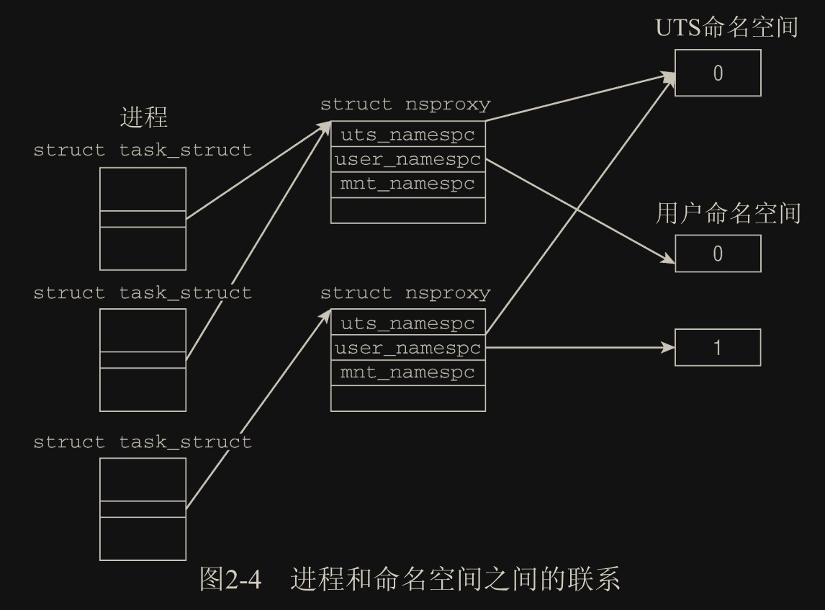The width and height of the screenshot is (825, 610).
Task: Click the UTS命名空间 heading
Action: point(726,28)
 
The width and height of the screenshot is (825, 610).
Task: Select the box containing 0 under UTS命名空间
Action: point(718,73)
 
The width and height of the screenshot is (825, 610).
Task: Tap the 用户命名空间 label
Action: point(728,213)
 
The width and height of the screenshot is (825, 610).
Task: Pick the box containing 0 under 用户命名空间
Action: point(718,254)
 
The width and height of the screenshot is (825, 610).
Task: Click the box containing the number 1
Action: point(718,348)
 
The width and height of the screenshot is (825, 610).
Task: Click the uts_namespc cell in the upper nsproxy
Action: point(407,135)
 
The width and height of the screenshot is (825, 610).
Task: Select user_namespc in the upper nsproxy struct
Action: point(407,159)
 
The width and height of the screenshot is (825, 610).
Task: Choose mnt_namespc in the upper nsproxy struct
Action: point(407,184)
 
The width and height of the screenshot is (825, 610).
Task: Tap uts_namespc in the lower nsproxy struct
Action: point(407,323)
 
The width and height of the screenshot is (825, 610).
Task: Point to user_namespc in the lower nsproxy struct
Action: point(407,348)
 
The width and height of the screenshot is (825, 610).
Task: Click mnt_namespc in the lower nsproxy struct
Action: point(407,372)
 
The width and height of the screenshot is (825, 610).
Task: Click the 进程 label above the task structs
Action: point(143,117)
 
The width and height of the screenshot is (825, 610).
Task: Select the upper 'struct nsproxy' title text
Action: point(405,104)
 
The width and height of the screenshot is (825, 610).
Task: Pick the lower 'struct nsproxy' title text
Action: point(405,293)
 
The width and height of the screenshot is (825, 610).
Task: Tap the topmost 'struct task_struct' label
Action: point(143,151)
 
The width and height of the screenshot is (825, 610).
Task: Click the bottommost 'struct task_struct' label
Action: point(143,441)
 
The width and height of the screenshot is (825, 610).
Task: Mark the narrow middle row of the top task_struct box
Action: point(143,219)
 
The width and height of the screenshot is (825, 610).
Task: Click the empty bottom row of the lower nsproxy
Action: point(407,398)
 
